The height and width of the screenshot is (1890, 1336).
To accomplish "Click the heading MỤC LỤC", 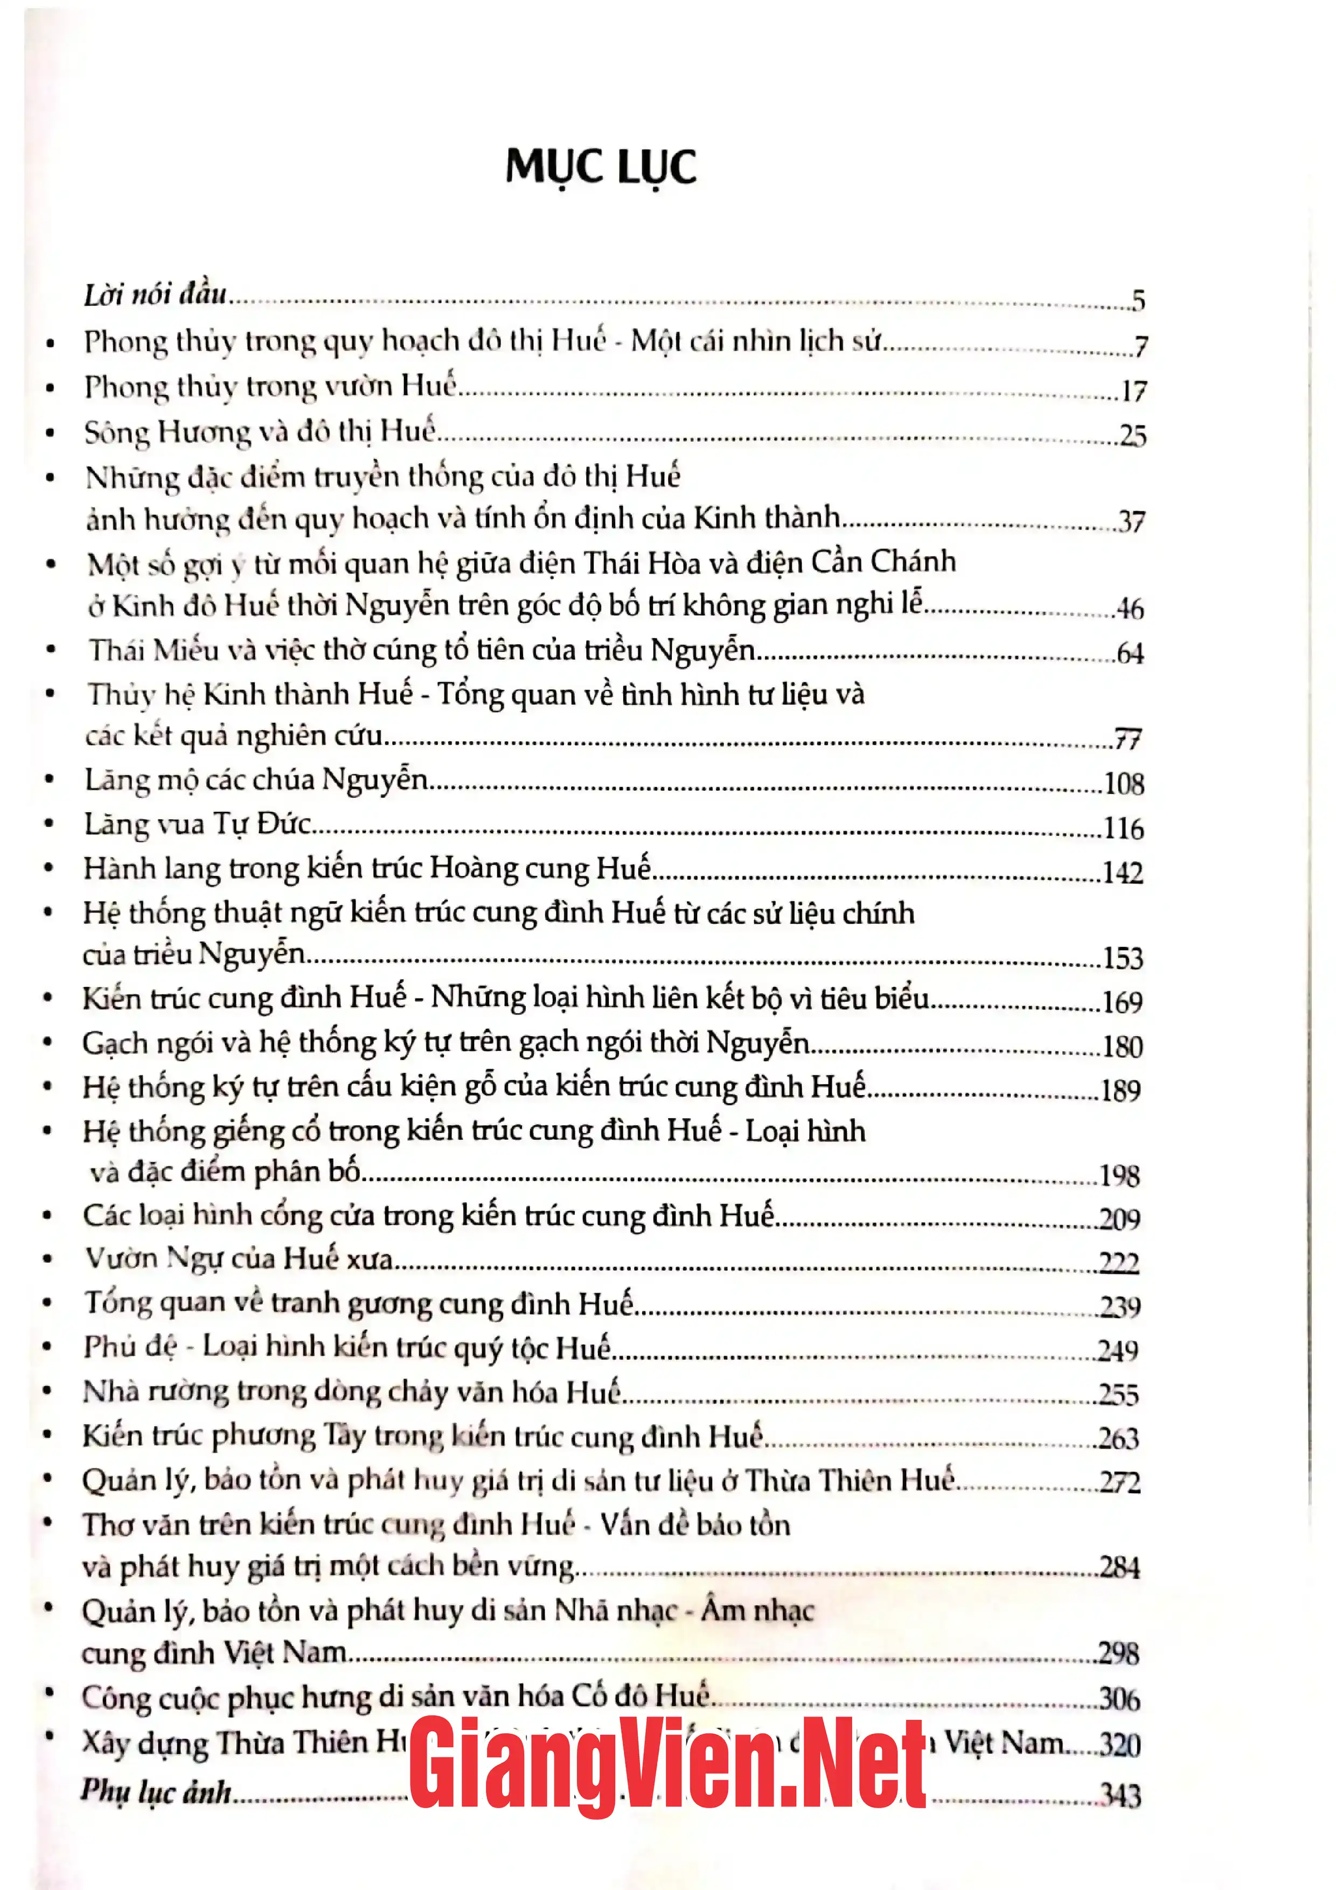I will pos(601,167).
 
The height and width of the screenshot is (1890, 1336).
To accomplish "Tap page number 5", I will pos(1138,301).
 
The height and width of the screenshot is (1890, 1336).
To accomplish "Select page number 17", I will pos(1133,392).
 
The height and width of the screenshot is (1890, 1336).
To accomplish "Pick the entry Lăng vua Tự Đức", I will pos(198,824).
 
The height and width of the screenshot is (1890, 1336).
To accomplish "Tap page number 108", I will pos(1124,784).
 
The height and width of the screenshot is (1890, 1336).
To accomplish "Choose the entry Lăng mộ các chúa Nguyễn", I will pos(256,779).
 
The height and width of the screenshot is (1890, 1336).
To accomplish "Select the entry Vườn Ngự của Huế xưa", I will pos(239,1259).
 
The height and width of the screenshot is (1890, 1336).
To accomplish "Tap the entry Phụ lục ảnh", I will pos(156,1792).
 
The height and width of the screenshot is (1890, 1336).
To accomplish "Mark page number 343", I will pos(1121,1795).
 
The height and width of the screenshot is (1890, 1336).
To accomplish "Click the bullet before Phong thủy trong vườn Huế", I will pos(51,388).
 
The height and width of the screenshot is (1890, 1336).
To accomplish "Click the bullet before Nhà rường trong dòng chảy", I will pos(48,1392).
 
